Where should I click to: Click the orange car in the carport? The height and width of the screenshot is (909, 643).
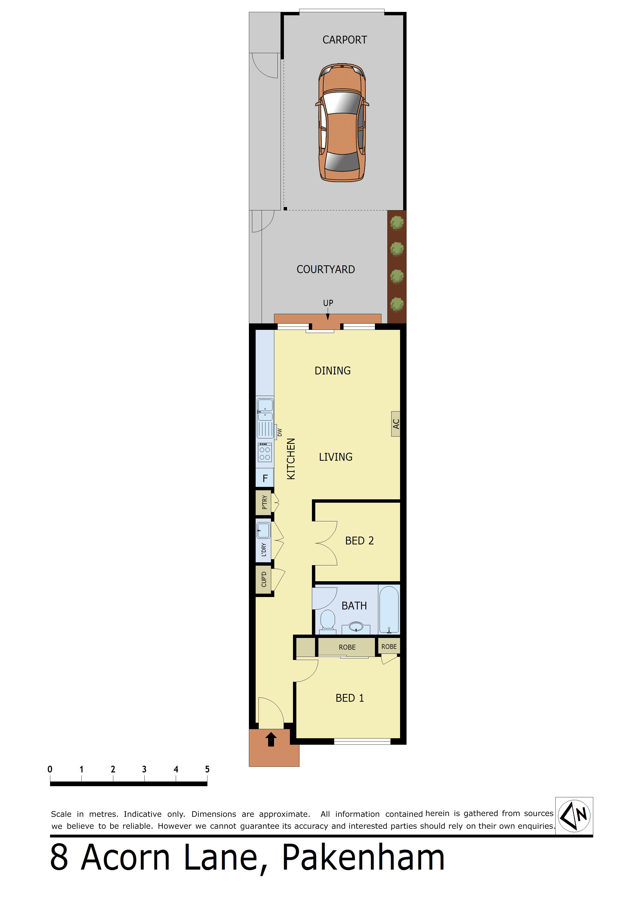coord(342,122)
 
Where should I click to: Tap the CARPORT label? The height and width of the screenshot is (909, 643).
coord(345,40)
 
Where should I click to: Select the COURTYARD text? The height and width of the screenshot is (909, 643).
coord(326,269)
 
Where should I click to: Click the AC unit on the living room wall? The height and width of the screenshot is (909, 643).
coord(395,424)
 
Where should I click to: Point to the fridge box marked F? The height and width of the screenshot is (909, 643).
coord(265,478)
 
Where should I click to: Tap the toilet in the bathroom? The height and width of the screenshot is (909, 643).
coord(328,620)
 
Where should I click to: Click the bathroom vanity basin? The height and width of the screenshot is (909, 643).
coord(356,627)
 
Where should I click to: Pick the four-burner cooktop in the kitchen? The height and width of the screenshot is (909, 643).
coord(265,452)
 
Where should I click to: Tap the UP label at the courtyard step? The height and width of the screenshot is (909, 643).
coord(328,303)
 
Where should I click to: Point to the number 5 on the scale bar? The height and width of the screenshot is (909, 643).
coord(207,769)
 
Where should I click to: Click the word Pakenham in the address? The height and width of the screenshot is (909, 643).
coord(363,858)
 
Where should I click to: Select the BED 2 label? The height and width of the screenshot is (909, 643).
coord(359,541)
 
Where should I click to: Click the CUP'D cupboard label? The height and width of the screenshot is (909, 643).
coord(264,579)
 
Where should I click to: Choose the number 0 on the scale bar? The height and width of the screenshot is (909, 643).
coord(50,769)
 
